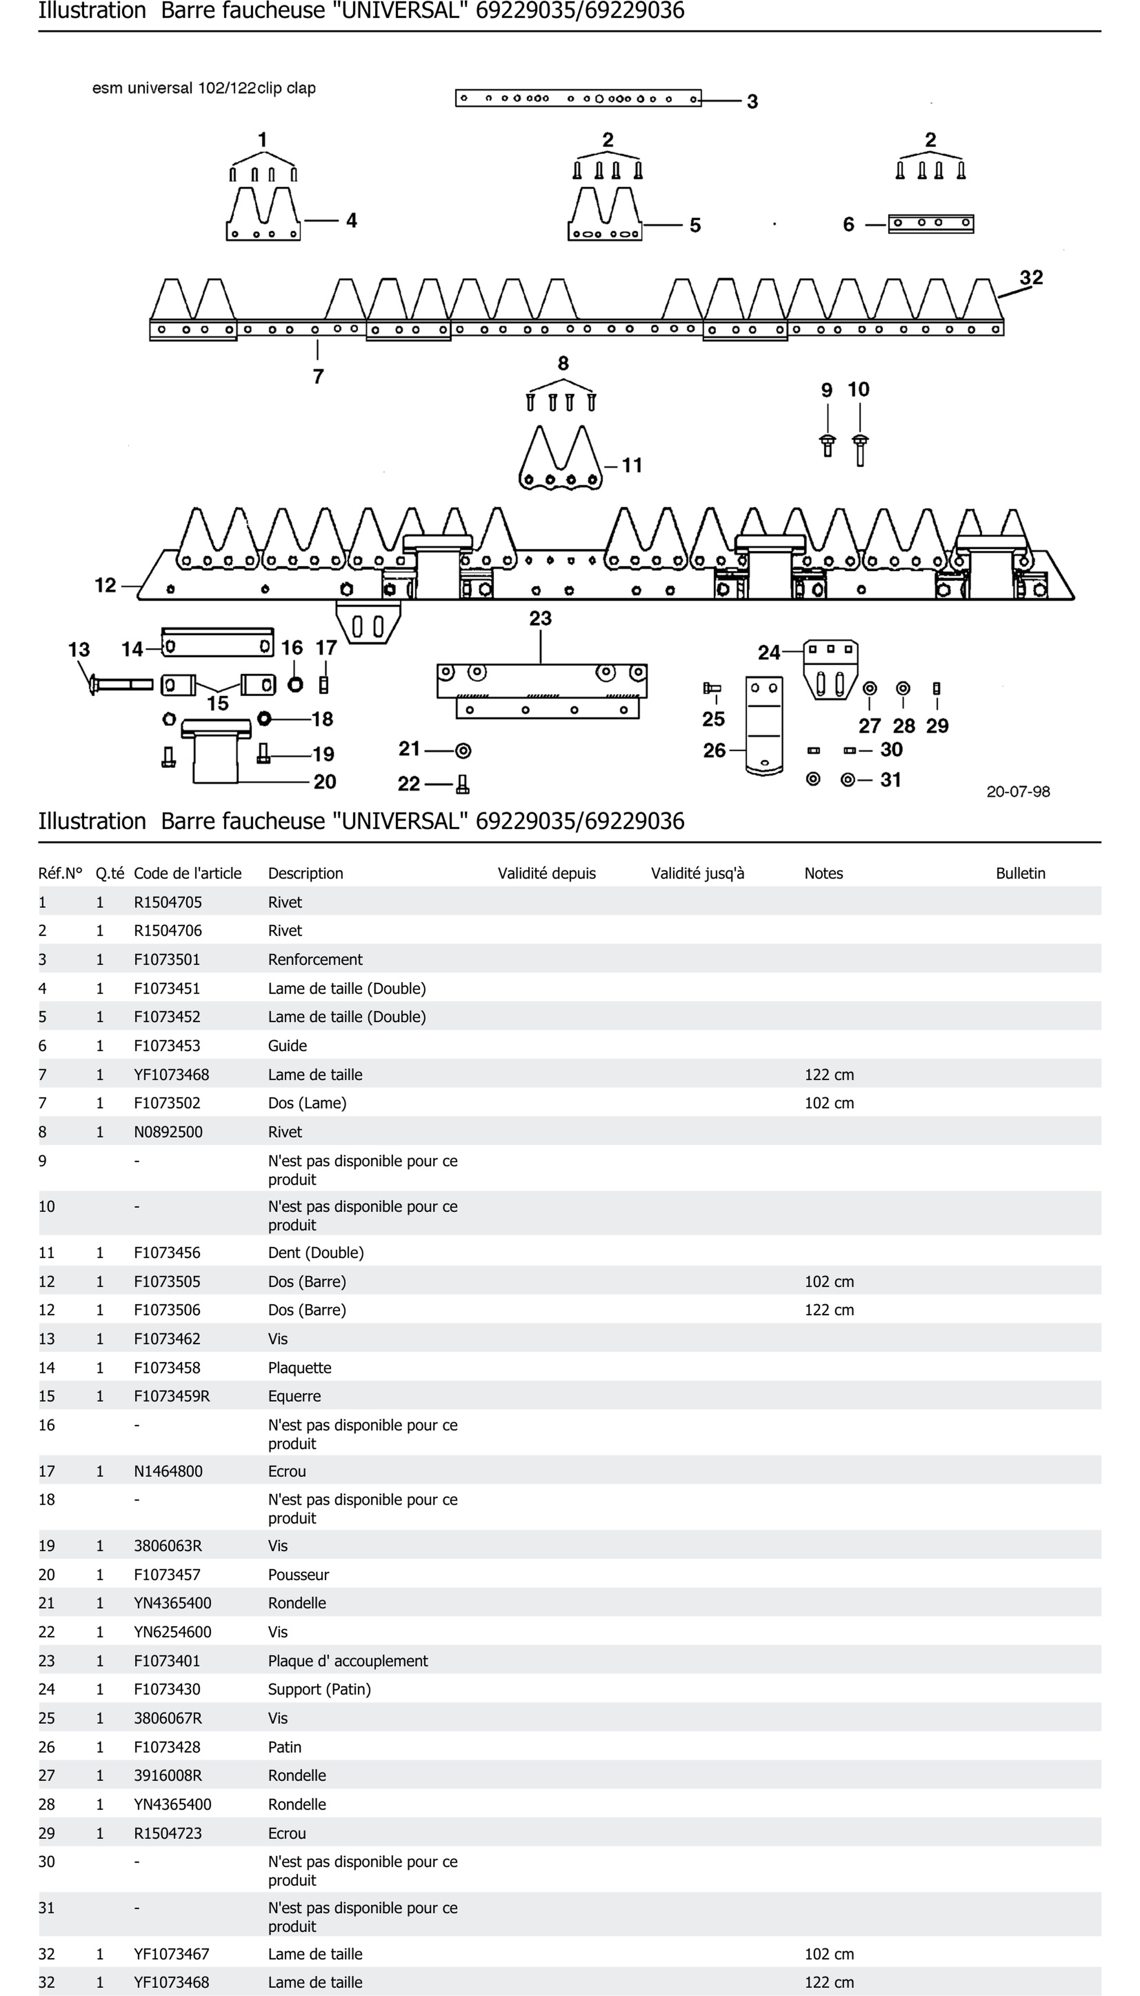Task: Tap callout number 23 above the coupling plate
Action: tap(540, 619)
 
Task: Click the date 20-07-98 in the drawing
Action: tap(1018, 792)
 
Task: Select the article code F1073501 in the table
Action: tap(167, 959)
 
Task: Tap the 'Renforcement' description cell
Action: tap(315, 959)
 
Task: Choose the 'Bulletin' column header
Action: tap(1020, 873)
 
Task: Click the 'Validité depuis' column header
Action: tap(547, 873)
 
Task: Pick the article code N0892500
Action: tap(168, 1131)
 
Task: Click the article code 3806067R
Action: tap(168, 1718)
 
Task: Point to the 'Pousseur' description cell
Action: tap(298, 1575)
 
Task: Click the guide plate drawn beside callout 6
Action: tap(931, 224)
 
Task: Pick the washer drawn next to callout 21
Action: tap(463, 751)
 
